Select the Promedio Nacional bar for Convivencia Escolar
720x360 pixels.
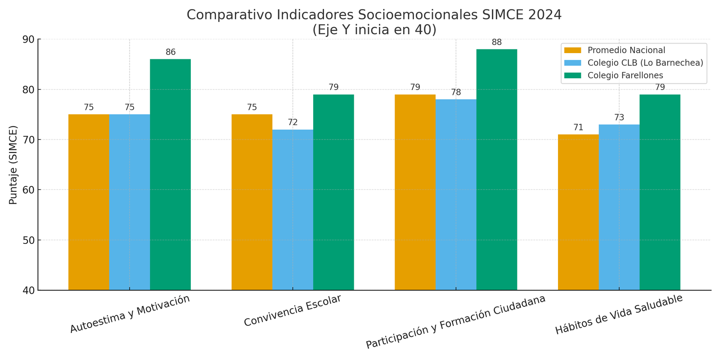pos(252,202)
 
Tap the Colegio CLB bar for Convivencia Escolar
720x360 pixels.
pos(292,210)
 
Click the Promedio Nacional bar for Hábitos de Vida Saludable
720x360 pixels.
pos(578,212)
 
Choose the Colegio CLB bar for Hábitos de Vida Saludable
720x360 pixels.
pos(619,207)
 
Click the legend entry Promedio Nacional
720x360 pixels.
pos(626,50)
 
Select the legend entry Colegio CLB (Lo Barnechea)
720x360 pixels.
pos(645,63)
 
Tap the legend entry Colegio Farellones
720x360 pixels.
pos(625,76)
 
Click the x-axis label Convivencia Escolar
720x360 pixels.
pos(292,311)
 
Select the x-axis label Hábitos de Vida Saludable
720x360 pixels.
pos(619,315)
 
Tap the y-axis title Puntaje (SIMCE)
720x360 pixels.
pos(13,165)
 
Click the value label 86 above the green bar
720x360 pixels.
pos(171,52)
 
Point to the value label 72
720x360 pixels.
pos(292,122)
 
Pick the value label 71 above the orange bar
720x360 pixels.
pos(578,127)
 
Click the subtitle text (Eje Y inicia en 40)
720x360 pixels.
pos(374,30)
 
